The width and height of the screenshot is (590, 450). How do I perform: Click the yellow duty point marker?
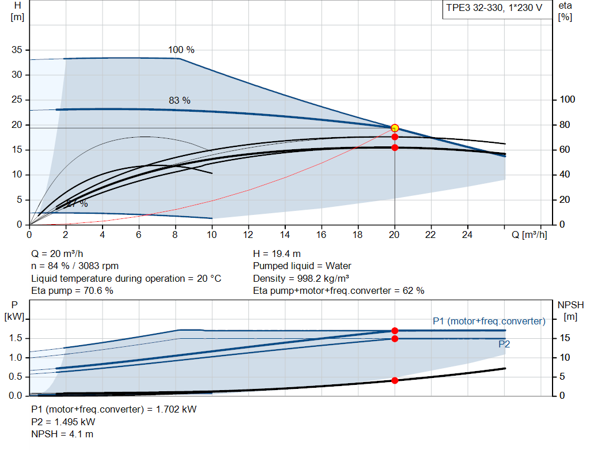pos(395,128)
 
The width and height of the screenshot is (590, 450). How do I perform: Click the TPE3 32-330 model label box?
pos(493,10)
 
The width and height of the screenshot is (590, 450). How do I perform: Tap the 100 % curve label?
pos(181,50)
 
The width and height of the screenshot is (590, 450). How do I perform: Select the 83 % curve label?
pos(179,100)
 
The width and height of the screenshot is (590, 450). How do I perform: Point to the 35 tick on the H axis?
pos(17,50)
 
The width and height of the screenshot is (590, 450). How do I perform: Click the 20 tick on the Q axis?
pos(395,235)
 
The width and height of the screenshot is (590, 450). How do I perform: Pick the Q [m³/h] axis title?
pos(528,235)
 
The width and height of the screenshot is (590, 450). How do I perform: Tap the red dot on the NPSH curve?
pos(395,380)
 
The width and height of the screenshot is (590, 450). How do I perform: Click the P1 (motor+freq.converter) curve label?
pos(489,321)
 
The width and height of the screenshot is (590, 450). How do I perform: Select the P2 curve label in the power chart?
pos(504,344)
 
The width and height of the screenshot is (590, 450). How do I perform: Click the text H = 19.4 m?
pos(277,254)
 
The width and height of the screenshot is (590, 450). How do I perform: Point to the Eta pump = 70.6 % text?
pos(72,291)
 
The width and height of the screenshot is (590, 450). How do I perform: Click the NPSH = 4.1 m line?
pos(62,434)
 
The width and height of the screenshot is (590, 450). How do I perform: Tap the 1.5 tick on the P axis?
pos(16,338)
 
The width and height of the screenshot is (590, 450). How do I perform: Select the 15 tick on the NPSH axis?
pos(566,338)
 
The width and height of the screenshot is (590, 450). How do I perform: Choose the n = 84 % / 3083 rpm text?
pos(75,266)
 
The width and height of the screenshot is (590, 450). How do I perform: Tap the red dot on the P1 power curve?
pos(395,331)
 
